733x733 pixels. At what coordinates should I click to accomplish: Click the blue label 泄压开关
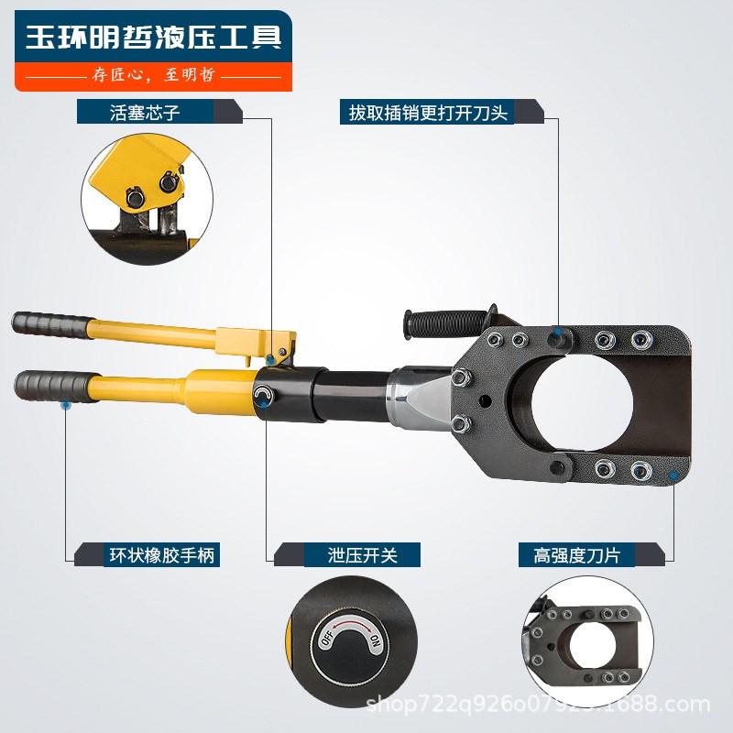tap(361, 554)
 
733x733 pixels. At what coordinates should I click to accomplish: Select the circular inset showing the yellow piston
tap(147, 199)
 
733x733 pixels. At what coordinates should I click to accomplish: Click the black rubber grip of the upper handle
tap(50, 323)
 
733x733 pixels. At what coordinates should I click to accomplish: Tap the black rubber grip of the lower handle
tap(55, 381)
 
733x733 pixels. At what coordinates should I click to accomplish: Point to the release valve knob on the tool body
tap(264, 396)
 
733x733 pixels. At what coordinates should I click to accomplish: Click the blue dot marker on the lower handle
tap(65, 404)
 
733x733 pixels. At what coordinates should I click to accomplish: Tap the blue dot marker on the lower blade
tap(673, 476)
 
